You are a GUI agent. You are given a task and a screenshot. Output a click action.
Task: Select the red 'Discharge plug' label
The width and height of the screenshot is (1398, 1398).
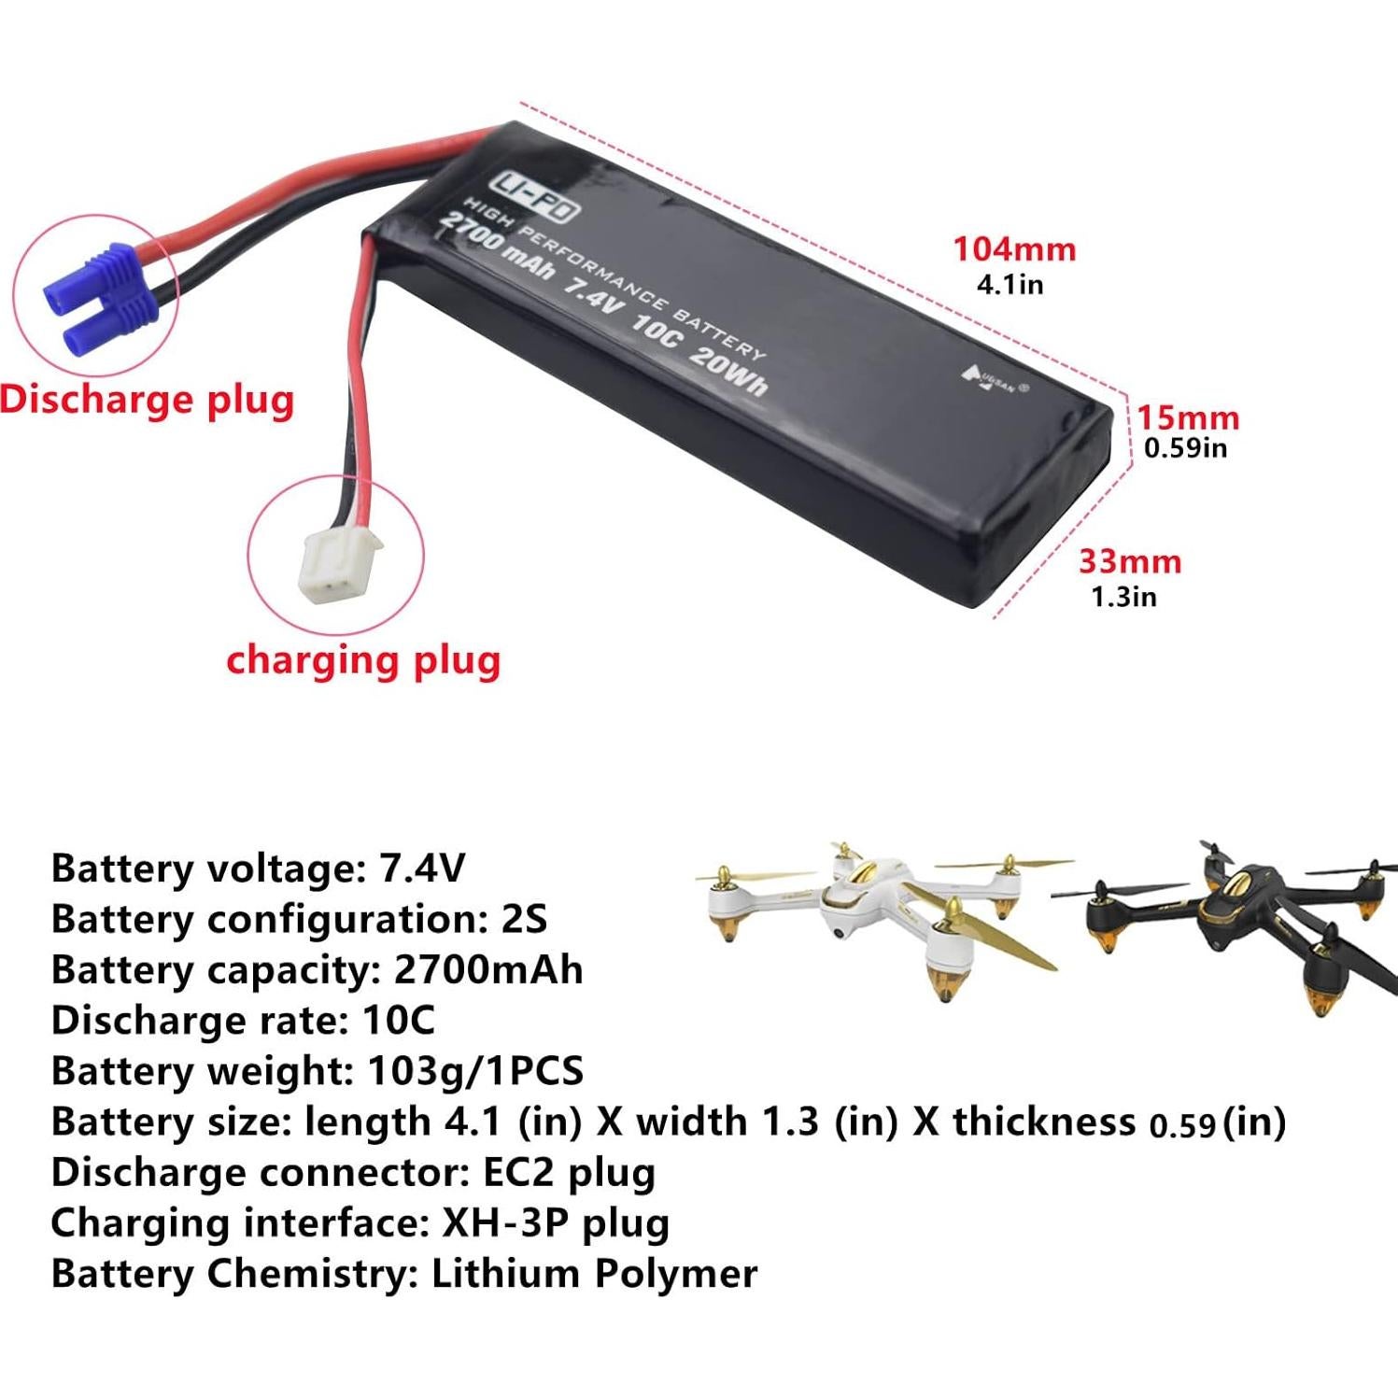[x=147, y=400]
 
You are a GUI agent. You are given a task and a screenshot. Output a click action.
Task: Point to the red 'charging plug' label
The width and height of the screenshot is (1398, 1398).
[x=363, y=660]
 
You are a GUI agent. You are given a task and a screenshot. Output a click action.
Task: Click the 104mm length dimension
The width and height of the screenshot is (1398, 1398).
[x=1013, y=249]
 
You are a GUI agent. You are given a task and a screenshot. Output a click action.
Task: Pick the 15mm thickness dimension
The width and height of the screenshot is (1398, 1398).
[x=1187, y=417]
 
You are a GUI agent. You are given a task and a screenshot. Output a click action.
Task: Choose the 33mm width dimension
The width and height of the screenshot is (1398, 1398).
[x=1130, y=561]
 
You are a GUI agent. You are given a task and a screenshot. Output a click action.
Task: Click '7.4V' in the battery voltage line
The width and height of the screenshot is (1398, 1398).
[x=421, y=868]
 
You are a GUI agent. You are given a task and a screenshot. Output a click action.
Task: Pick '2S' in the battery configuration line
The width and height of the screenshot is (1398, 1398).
[x=524, y=919]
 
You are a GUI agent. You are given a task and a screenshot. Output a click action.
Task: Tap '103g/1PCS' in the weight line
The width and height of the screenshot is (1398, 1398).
[x=475, y=1070]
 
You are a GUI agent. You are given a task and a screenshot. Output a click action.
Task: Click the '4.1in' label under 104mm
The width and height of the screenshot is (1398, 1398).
[x=1010, y=284]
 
